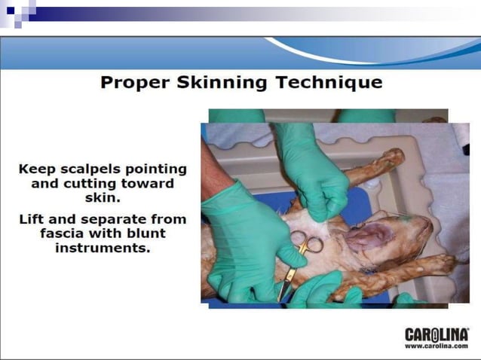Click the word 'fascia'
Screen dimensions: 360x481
[x=63, y=233]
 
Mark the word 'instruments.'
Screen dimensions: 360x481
[x=102, y=249]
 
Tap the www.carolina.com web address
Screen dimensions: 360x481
[x=437, y=345]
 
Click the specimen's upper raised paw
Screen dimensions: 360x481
[x=392, y=157]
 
